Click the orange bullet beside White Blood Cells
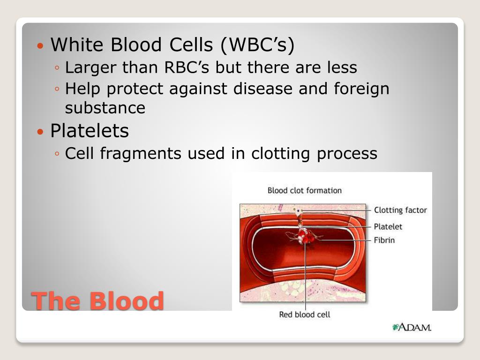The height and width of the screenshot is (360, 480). tap(40, 46)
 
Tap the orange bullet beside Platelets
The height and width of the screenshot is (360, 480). tap(40, 132)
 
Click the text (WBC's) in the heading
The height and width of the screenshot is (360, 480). tap(257, 45)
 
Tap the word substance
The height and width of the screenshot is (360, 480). tap(105, 108)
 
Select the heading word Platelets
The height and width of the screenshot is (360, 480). tap(90, 131)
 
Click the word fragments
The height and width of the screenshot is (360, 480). tap(141, 154)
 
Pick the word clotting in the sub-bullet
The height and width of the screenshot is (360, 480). tap(280, 154)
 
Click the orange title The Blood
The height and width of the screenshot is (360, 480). tap(97, 301)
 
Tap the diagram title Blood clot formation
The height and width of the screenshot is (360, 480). tap(305, 190)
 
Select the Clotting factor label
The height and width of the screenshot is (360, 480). tap(400, 210)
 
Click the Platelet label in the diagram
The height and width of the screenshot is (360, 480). tap(388, 226)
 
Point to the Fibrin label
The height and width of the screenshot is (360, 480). tap(384, 240)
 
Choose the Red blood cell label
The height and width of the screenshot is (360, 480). tap(305, 315)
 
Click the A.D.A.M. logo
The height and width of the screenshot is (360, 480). tap(412, 327)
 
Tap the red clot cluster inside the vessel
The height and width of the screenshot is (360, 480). tap(306, 237)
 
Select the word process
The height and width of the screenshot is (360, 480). tap(347, 154)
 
